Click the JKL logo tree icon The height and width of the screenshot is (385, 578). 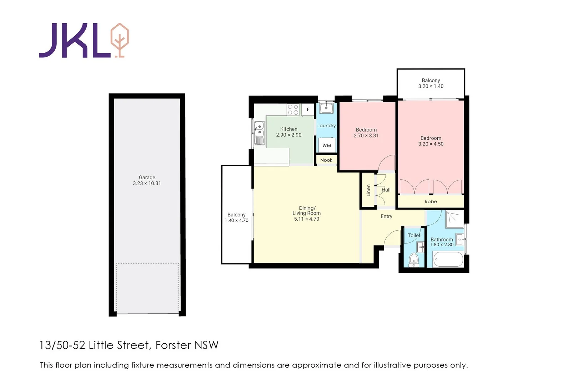click(120, 40)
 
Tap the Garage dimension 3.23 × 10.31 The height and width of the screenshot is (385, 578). click(147, 183)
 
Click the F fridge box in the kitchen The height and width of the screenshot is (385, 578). click(308, 109)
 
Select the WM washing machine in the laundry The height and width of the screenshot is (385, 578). click(327, 145)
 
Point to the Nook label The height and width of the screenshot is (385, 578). click(326, 160)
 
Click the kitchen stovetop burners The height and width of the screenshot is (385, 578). click(293, 109)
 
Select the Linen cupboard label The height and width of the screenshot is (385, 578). click(368, 190)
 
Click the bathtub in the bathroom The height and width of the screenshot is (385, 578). click(448, 259)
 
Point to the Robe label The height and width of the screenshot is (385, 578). click(431, 201)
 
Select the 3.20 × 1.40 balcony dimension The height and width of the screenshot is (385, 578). click(431, 86)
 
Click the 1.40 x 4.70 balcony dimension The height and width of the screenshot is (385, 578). click(236, 220)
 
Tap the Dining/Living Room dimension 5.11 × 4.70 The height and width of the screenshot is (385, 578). click(306, 219)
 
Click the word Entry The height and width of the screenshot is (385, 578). click(386, 216)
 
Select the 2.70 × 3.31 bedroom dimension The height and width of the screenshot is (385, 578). click(366, 135)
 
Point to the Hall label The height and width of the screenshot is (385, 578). click(386, 190)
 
